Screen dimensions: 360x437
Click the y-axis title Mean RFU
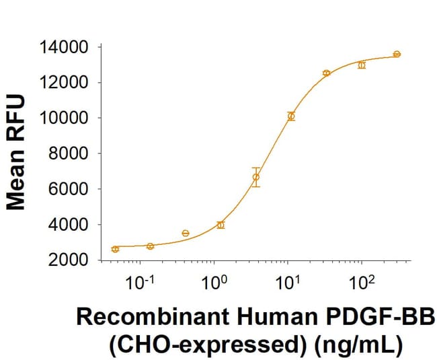tap(16, 153)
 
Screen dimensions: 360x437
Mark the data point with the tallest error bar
tap(256, 177)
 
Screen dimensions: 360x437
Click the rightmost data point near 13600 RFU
tap(397, 54)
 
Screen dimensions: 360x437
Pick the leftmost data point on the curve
tap(115, 249)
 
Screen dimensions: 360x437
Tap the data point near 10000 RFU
tap(291, 116)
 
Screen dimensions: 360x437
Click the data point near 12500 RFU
tap(326, 73)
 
